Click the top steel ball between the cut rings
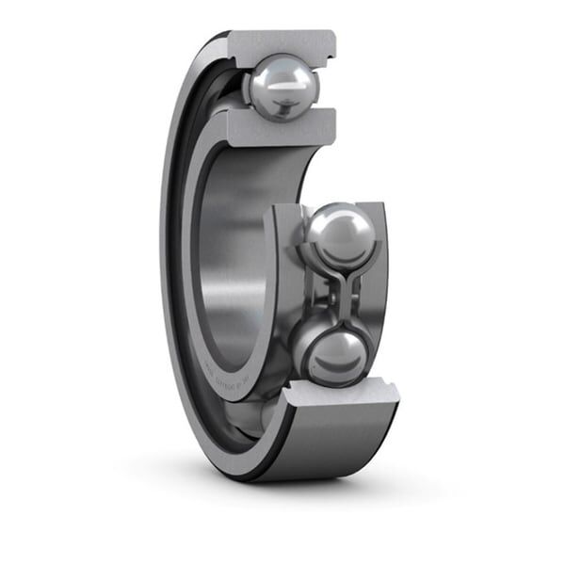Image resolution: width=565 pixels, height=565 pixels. coord(283,86)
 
